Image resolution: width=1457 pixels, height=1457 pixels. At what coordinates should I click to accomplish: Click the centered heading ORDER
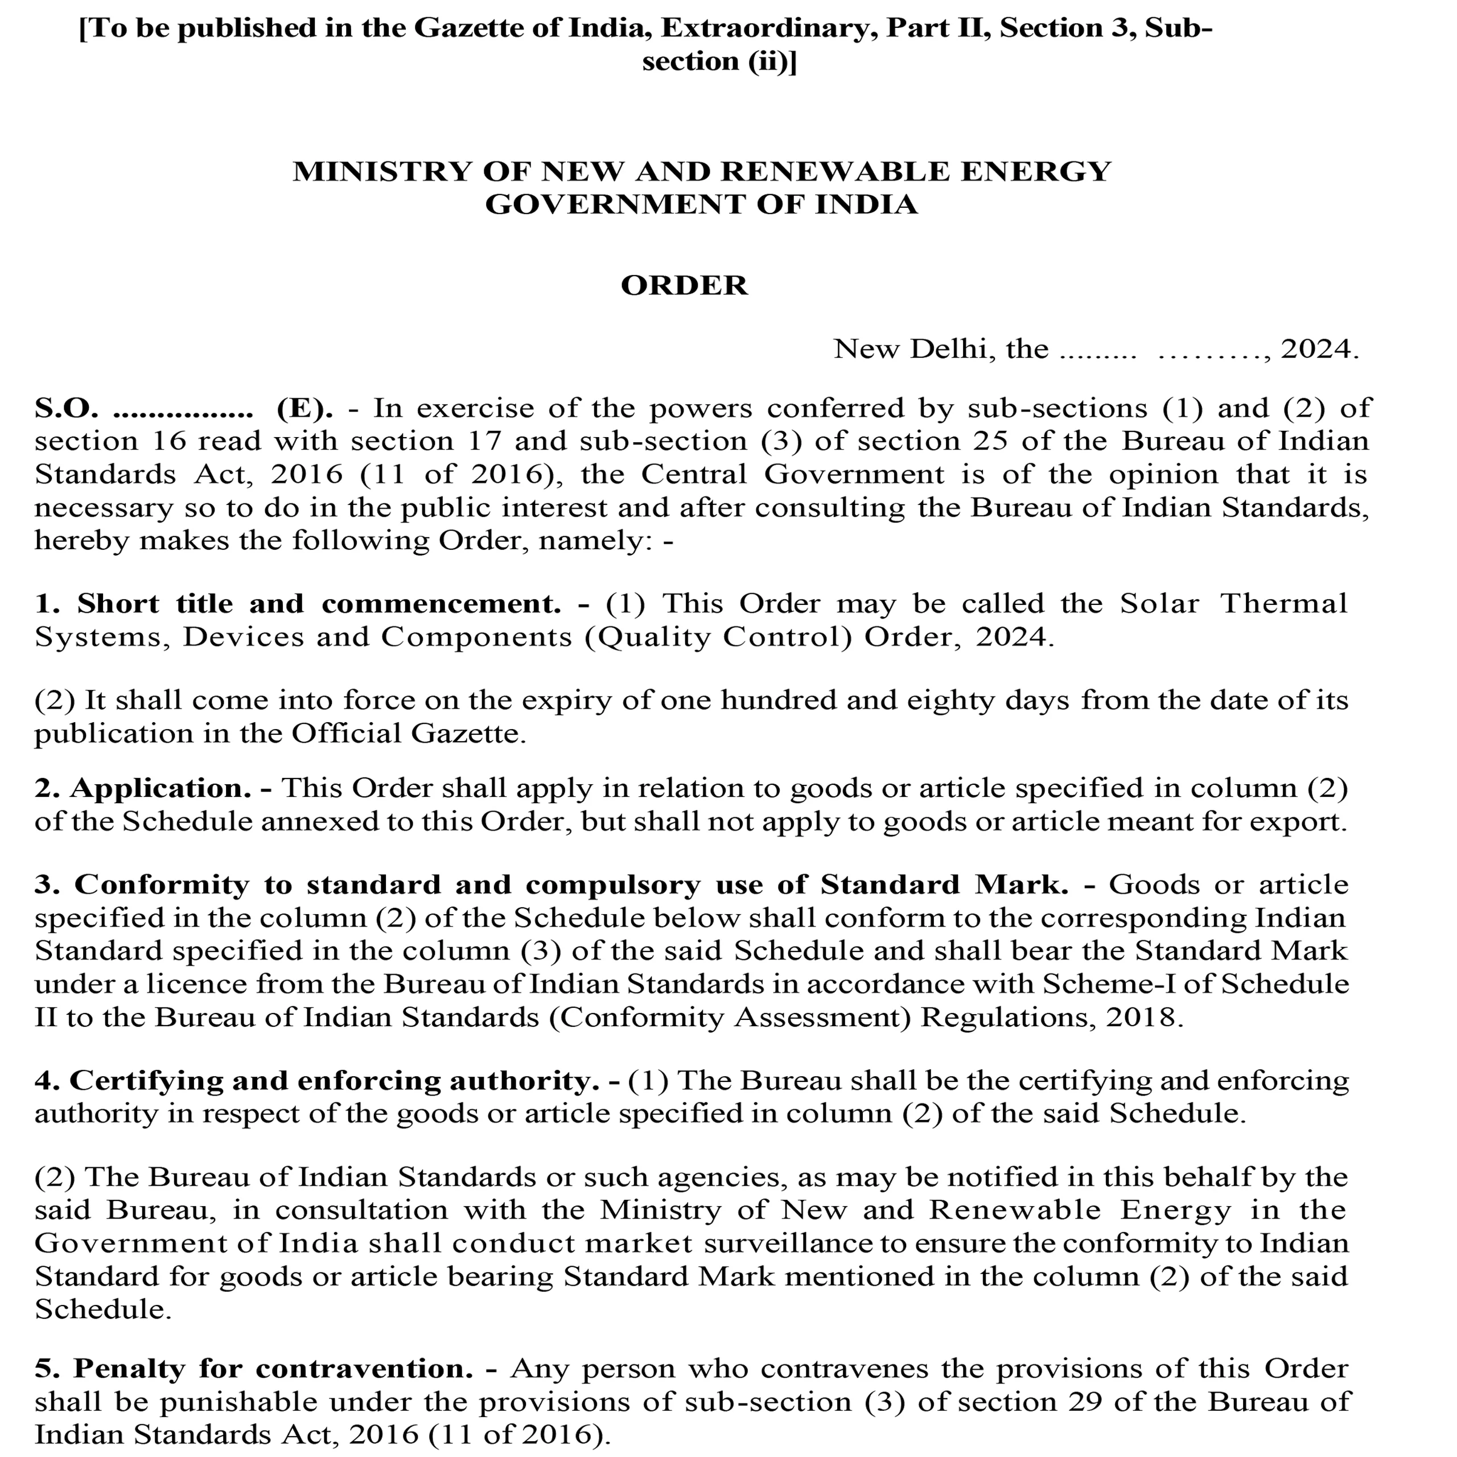coord(684,286)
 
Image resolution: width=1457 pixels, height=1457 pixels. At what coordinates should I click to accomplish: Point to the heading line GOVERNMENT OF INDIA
coord(701,204)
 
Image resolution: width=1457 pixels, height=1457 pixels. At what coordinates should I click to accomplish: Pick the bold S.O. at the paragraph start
coord(67,408)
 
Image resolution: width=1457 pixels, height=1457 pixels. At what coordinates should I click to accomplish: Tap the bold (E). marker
coord(304,408)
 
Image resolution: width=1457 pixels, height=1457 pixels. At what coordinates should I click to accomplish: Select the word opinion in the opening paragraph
coord(1163,474)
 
